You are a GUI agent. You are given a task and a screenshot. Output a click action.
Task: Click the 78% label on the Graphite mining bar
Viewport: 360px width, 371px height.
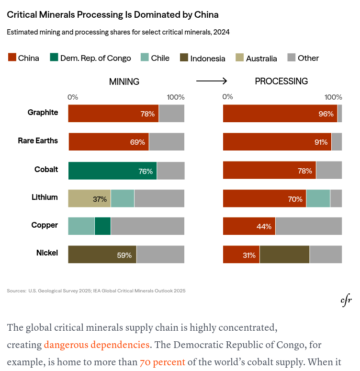(147, 114)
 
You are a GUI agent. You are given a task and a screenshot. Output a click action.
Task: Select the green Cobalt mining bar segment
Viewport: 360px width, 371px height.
(112, 171)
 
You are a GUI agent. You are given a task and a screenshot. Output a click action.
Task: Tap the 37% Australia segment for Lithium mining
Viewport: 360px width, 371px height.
(90, 198)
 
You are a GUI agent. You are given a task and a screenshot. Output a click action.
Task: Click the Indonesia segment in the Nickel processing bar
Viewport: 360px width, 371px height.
(284, 255)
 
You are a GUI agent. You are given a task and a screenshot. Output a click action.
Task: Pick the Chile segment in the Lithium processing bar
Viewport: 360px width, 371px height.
(318, 198)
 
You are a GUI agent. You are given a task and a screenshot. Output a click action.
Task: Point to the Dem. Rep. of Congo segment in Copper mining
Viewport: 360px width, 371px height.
(102, 226)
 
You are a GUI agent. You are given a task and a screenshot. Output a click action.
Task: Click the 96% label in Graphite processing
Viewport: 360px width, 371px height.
(326, 114)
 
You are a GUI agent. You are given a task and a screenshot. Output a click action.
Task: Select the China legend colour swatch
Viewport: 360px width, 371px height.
(12, 58)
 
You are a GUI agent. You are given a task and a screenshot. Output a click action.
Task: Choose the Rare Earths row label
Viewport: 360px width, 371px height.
(38, 141)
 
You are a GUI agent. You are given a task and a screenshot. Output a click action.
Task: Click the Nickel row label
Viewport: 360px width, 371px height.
(47, 253)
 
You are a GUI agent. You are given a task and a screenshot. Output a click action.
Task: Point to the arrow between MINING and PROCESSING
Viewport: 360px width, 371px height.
(212, 81)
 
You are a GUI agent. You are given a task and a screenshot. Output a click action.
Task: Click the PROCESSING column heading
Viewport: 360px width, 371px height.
(281, 81)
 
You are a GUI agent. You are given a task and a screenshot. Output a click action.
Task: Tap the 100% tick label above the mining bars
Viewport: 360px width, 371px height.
(175, 97)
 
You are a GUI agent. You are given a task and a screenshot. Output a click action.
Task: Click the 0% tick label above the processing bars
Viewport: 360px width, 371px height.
(228, 97)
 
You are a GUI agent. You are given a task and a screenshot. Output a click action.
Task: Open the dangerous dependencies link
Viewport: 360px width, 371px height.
(97, 344)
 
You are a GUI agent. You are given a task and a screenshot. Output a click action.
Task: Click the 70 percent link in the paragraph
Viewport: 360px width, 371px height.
(162, 361)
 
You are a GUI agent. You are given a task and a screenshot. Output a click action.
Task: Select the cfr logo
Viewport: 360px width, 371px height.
(346, 301)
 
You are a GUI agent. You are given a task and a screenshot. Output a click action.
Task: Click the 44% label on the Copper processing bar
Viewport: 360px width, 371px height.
(264, 227)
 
